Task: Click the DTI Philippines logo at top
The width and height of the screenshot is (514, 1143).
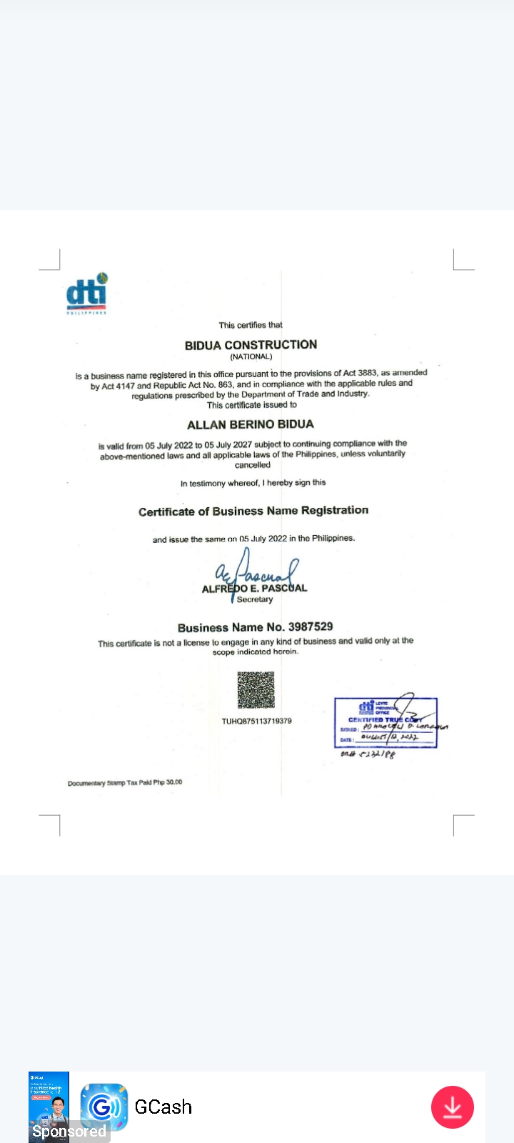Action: click(86, 294)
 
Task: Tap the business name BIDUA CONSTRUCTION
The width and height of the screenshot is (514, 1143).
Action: click(251, 345)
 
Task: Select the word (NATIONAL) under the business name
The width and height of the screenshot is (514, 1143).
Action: click(251, 356)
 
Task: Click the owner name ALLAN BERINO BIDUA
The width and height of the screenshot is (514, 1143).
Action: click(250, 424)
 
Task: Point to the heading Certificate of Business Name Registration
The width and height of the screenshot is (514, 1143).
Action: click(253, 511)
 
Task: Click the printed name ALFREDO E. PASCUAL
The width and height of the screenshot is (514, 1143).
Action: click(254, 589)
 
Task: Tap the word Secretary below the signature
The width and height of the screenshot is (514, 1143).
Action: click(255, 599)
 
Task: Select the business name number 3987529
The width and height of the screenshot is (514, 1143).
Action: click(310, 627)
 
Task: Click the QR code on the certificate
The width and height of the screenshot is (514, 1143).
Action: click(256, 690)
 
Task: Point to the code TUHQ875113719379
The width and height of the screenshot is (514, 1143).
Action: click(256, 721)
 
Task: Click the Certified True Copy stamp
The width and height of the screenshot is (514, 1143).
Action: click(385, 722)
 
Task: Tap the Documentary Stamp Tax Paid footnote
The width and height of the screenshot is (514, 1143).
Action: click(125, 782)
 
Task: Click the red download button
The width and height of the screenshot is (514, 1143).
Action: click(452, 1107)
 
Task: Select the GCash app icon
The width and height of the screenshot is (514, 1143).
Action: click(104, 1107)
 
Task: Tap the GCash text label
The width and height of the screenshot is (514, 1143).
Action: click(163, 1107)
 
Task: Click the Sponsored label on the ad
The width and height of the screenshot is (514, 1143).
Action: click(69, 1132)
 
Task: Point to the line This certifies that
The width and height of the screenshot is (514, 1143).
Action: click(251, 325)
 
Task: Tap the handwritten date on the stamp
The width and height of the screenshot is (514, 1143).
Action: click(390, 737)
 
